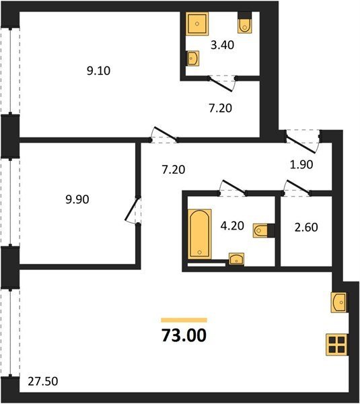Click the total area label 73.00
(184, 335)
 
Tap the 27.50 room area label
(43, 381)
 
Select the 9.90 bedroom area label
(77, 199)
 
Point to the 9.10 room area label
(99, 71)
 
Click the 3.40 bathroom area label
(222, 45)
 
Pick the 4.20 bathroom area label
(232, 226)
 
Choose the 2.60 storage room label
(306, 228)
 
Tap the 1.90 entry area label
(301, 164)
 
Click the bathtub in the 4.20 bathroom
(200, 234)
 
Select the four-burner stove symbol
(337, 345)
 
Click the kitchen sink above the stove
(339, 302)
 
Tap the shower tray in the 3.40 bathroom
(197, 24)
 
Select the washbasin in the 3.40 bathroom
(192, 59)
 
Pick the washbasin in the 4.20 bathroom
(237, 259)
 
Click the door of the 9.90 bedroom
(133, 209)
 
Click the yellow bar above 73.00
(184, 320)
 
